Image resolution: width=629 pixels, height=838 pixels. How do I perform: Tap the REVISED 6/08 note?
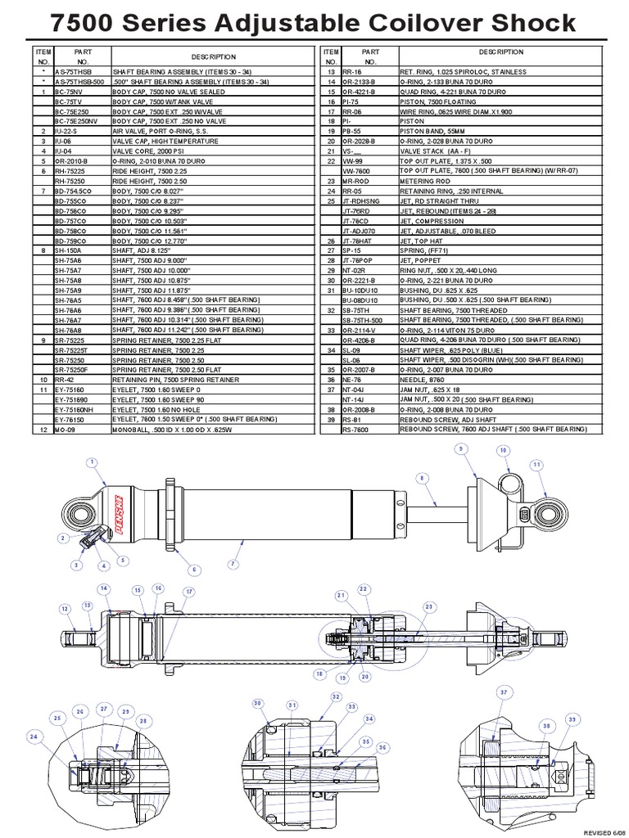coord(604,830)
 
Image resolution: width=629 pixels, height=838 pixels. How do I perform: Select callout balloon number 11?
coord(536,464)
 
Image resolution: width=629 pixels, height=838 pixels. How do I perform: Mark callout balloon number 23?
coord(428,606)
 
